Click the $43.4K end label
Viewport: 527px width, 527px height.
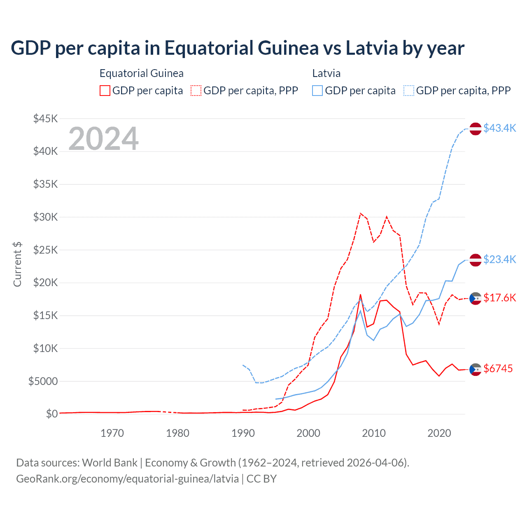pyautogui.click(x=499, y=128)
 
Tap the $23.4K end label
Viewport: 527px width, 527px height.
pyautogui.click(x=499, y=259)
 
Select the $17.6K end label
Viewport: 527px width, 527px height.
pyautogui.click(x=499, y=298)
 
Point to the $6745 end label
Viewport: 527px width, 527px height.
pyautogui.click(x=498, y=368)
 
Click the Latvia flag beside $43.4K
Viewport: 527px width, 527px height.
pyautogui.click(x=476, y=128)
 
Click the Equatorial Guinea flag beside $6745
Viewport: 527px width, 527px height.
pyautogui.click(x=476, y=369)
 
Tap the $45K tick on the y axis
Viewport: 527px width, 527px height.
pyautogui.click(x=46, y=119)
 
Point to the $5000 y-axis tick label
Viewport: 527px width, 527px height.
pyautogui.click(x=43, y=381)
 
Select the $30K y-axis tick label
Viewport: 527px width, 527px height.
pyautogui.click(x=46, y=217)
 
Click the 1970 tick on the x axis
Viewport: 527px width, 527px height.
pyautogui.click(x=112, y=433)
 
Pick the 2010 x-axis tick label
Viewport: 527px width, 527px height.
pyautogui.click(x=374, y=433)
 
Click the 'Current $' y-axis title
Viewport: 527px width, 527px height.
pyautogui.click(x=17, y=264)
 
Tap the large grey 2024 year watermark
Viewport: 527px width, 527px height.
pyautogui.click(x=103, y=139)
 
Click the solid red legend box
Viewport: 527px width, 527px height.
pyautogui.click(x=105, y=91)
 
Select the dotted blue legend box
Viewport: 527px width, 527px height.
pyautogui.click(x=409, y=91)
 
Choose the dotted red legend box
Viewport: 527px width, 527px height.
pyautogui.click(x=196, y=91)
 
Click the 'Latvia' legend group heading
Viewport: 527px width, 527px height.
pyautogui.click(x=326, y=73)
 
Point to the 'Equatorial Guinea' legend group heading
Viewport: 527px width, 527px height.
pyautogui.click(x=142, y=73)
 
